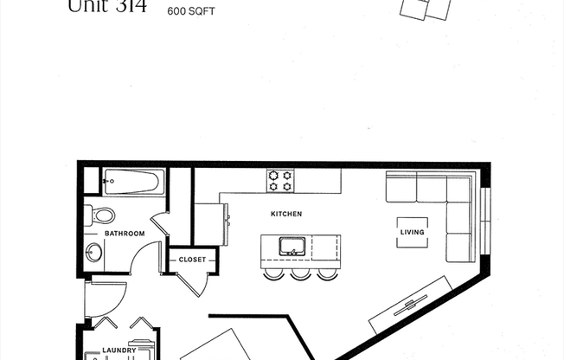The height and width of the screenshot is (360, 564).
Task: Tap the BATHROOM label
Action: pyautogui.click(x=125, y=234)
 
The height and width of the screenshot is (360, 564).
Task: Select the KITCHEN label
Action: pyautogui.click(x=285, y=214)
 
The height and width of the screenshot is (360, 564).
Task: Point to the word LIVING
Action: pyautogui.click(x=412, y=232)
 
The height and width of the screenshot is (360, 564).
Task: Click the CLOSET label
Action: pyautogui.click(x=191, y=259)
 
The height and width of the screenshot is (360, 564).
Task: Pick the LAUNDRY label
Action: pyautogui.click(x=119, y=350)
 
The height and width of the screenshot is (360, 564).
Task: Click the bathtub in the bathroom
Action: pyautogui.click(x=131, y=182)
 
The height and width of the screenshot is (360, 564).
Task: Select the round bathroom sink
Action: pyautogui.click(x=94, y=252)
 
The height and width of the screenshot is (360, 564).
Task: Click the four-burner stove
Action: pyautogui.click(x=279, y=180)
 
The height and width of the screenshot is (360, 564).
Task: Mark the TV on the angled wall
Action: pyautogui.click(x=411, y=303)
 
